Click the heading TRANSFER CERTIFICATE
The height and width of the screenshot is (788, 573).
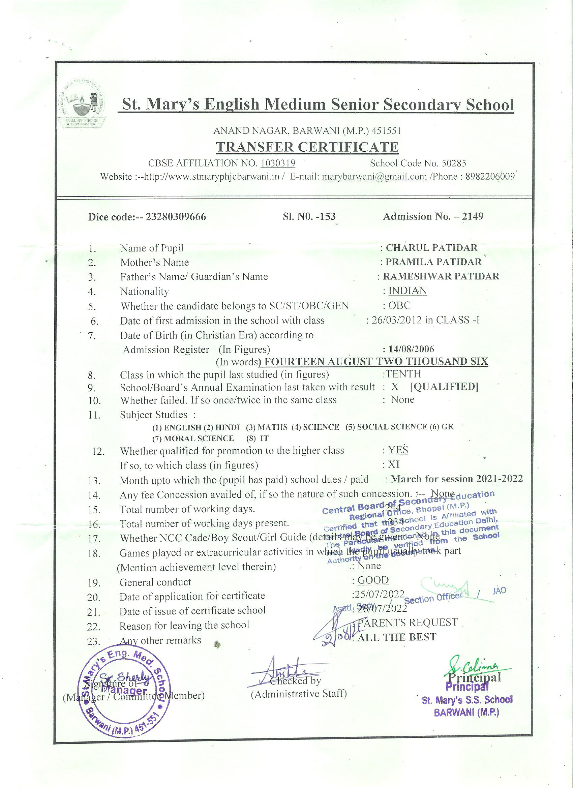click(x=307, y=147)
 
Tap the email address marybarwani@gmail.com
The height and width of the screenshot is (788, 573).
click(x=374, y=177)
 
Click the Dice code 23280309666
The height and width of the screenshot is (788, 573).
click(x=176, y=217)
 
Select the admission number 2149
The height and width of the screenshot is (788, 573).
click(x=473, y=216)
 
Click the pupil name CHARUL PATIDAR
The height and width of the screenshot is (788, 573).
click(x=431, y=248)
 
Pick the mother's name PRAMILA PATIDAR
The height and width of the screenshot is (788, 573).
click(x=434, y=262)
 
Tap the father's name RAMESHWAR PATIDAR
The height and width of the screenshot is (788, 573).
click(x=441, y=277)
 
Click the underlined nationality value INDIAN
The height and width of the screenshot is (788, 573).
click(x=407, y=291)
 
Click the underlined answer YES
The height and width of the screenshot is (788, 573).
click(x=398, y=450)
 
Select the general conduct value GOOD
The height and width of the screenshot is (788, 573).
click(x=373, y=580)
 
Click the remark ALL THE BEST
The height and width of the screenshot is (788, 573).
click(x=396, y=637)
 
